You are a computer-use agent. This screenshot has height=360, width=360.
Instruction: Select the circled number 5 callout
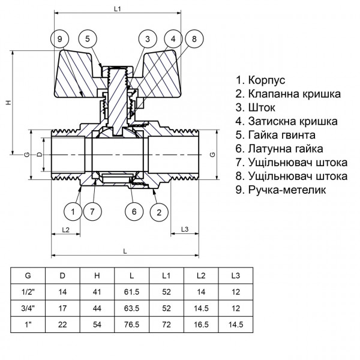point(87,40)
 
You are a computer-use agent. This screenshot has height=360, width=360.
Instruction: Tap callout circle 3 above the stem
point(146,40)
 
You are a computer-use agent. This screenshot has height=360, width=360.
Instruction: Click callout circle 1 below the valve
point(73,211)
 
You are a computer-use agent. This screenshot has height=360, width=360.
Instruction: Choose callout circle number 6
point(134,211)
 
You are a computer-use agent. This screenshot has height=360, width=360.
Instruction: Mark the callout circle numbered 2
point(159,211)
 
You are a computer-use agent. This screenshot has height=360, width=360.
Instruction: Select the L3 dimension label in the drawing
point(185,230)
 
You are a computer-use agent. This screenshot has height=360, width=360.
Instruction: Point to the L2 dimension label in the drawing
point(66,230)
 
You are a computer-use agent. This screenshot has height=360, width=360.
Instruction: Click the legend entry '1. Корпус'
point(260,80)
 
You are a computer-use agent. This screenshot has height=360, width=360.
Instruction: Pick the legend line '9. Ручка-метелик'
point(281,190)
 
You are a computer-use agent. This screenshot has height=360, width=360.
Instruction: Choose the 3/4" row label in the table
point(28,308)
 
